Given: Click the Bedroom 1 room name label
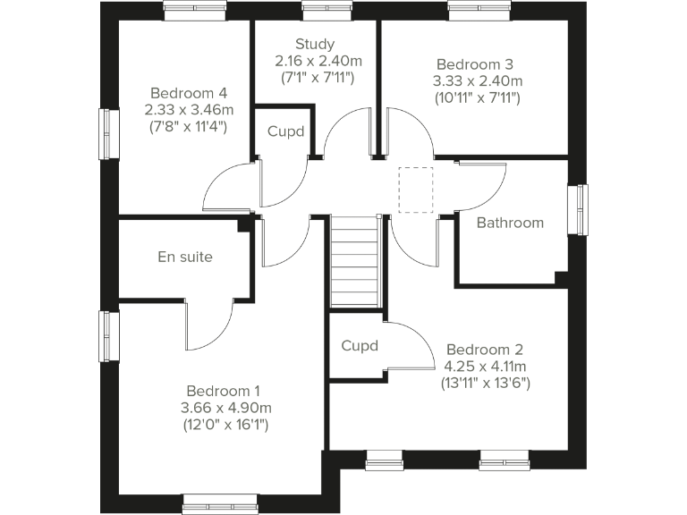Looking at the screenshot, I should (223, 391).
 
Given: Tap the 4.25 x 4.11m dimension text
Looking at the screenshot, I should (485, 366).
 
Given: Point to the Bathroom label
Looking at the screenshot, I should (509, 223).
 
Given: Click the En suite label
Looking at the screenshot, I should (185, 257).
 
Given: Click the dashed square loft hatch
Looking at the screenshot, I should (415, 190).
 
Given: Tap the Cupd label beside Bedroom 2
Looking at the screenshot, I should (360, 346).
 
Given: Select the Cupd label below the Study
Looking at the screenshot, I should (285, 131).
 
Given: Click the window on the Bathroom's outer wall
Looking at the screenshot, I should (582, 211).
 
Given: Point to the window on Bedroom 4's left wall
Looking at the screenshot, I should (108, 134).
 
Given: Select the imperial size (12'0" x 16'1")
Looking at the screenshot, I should (225, 425).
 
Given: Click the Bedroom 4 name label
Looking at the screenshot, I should (188, 93).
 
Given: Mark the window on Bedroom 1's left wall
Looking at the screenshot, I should (108, 336).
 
